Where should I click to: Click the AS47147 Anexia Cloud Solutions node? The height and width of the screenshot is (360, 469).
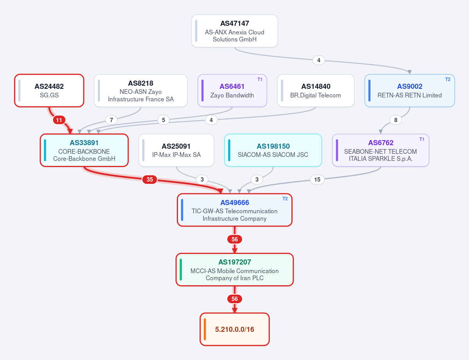235,31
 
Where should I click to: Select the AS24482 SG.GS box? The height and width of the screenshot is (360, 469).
49,90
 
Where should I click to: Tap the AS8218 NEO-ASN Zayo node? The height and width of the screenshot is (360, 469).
140,90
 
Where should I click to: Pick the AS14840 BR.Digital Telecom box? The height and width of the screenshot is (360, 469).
316,90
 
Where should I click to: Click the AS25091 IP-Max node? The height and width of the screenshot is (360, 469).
176,150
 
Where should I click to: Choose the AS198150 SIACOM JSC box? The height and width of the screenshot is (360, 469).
273,150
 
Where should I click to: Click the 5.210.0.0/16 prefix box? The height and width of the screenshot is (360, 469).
235,329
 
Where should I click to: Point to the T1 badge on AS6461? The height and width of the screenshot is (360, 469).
260,79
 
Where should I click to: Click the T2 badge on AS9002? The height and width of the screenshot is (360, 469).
448,79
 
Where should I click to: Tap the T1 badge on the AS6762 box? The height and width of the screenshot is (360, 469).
422,139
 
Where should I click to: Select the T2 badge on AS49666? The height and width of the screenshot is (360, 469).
285,199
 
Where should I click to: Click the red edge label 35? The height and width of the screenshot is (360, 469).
149,180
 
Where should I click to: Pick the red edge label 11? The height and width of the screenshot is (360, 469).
59,120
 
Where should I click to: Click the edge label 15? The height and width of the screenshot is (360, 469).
317,180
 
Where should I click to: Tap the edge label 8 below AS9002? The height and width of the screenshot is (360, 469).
396,120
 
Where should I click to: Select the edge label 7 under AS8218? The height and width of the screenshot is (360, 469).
111,120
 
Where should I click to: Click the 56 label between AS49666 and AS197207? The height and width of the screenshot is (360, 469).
235,239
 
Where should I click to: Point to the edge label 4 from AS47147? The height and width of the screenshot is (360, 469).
318,60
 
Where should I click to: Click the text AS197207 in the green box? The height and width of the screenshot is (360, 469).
235,262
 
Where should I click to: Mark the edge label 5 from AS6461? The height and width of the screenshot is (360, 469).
164,120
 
